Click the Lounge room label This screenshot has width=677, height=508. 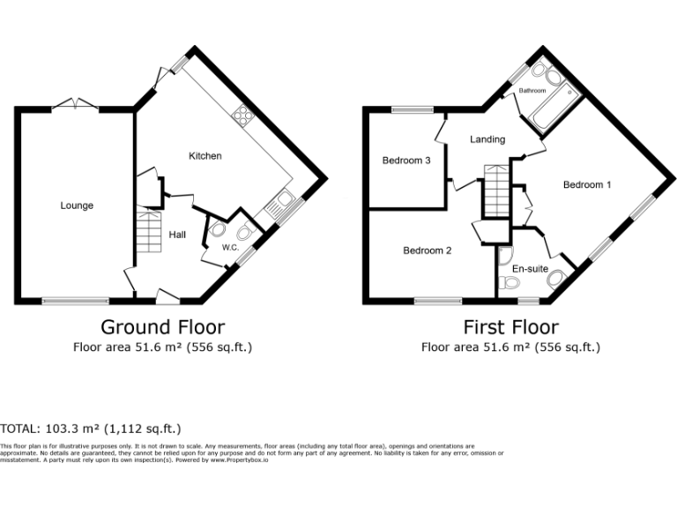[x=77, y=205]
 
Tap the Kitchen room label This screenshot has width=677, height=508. [x=205, y=156]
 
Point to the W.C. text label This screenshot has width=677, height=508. [x=230, y=248]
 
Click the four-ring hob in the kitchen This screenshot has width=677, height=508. [x=241, y=116]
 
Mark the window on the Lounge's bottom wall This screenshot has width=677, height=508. [x=76, y=301]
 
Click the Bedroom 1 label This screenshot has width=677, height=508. [x=587, y=184]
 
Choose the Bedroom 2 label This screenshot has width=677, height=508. [x=428, y=250]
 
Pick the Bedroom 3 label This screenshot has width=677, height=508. [x=406, y=161]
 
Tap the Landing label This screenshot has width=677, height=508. [x=487, y=139]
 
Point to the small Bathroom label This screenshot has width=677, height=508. [x=532, y=91]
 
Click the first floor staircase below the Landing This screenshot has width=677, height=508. [x=495, y=192]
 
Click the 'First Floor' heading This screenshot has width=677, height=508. [x=511, y=327]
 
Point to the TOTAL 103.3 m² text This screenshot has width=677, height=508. [x=91, y=429]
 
